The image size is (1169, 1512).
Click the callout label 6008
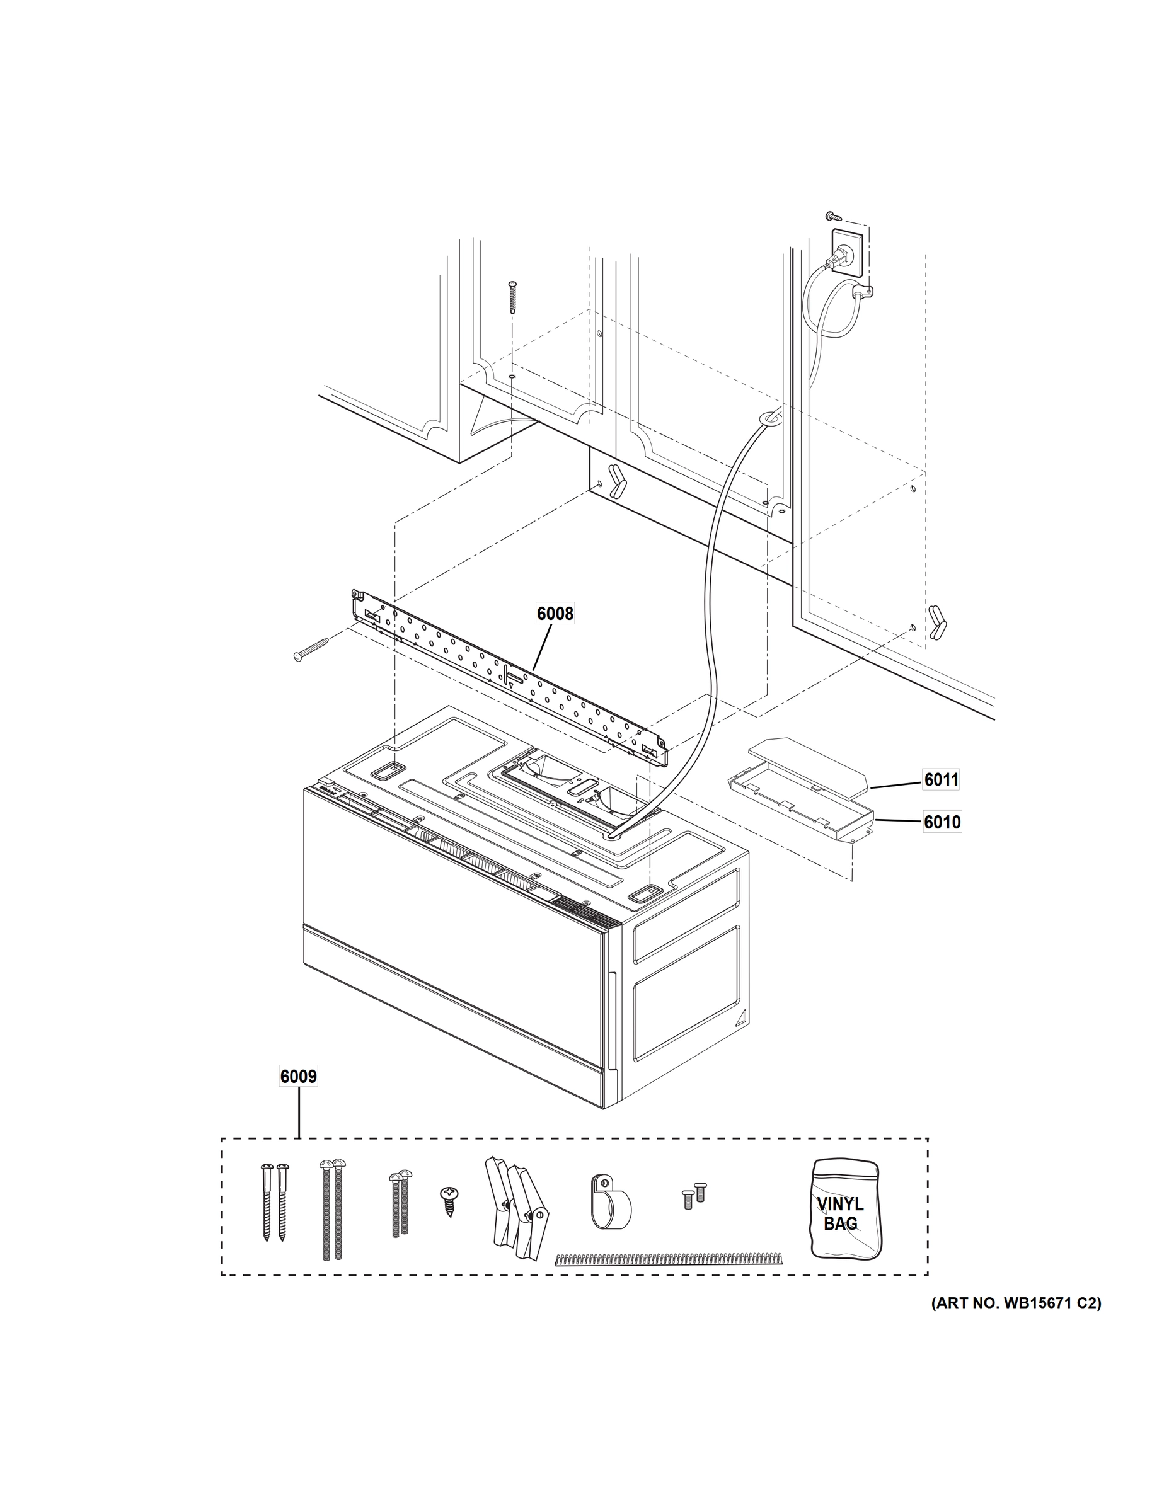tap(555, 614)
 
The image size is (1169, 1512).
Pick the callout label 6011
tap(941, 780)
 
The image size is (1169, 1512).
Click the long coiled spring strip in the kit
tap(670, 1258)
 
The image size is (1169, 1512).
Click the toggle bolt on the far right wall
tap(938, 622)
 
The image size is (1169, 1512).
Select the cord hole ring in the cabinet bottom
tap(769, 416)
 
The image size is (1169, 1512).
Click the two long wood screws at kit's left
tap(274, 1201)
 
